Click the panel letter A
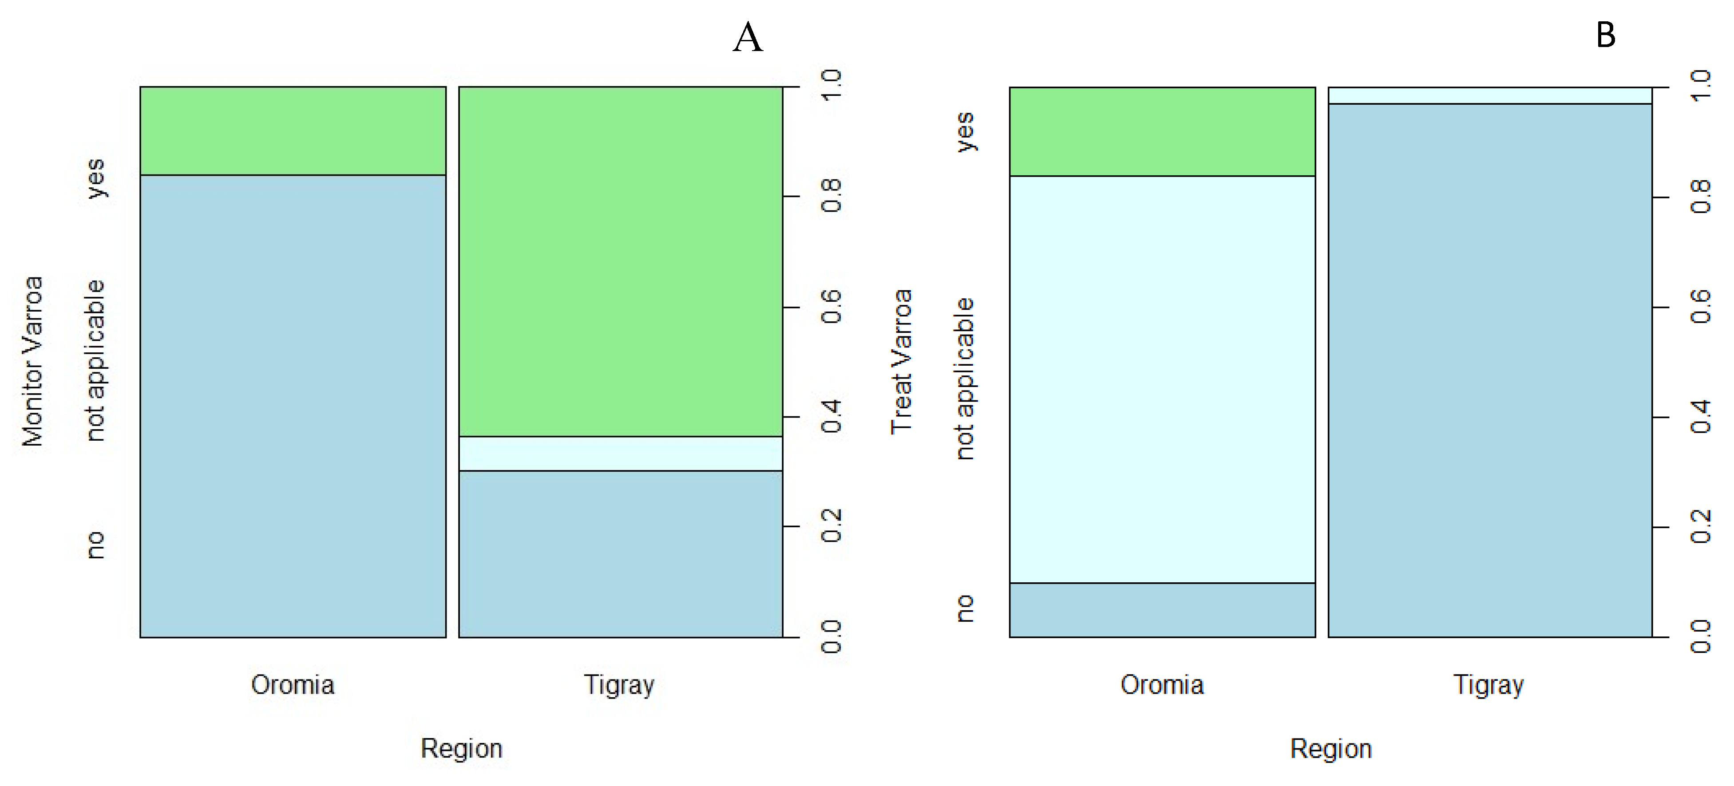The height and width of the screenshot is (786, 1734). pos(748,38)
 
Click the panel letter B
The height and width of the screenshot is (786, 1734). pos(1605,35)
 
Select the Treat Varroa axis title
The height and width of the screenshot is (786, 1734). pos(901,361)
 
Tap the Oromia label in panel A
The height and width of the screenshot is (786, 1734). pos(293,685)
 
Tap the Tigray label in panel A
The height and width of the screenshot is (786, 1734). pos(619,685)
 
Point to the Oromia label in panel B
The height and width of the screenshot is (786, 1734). pos(1162,685)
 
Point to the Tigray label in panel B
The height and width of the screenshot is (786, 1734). pos(1489,685)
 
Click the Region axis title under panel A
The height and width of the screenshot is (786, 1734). pos(462,748)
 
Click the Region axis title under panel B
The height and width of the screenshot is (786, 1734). pos(1331,748)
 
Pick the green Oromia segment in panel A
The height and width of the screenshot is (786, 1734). pos(293,130)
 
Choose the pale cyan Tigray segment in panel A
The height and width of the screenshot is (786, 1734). pos(621,454)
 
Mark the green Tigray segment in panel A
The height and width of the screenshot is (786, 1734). pos(621,261)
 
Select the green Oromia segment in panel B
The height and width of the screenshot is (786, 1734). pos(1162,131)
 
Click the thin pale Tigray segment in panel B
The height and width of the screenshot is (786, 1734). pos(1490,95)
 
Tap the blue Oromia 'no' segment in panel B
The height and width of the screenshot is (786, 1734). pos(1162,610)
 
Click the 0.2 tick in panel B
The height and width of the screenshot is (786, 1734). pos(1700,527)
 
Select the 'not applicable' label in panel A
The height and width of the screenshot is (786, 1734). pos(95,361)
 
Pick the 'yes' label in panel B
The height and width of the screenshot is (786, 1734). pos(965,132)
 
